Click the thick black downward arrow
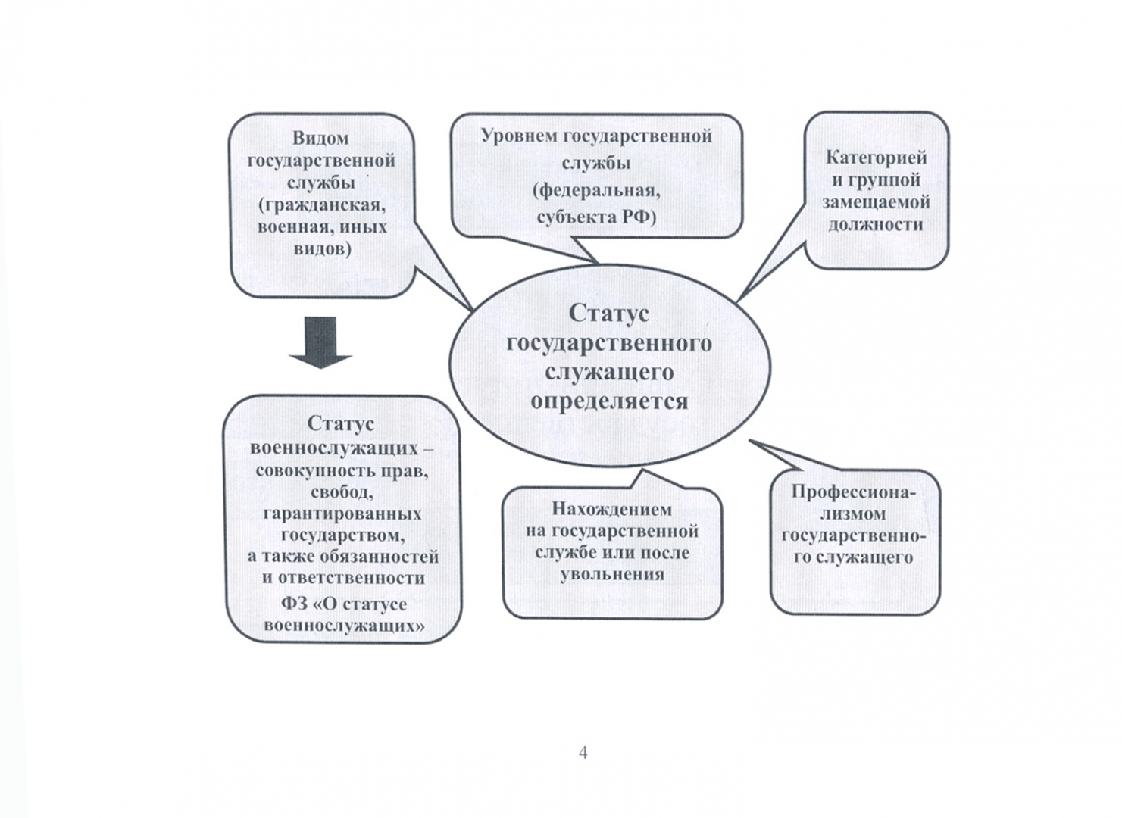coord(320,342)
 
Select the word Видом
coord(320,138)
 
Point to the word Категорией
coord(876,158)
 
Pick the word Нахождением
coord(611,508)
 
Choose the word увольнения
coord(612,574)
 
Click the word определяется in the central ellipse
coord(609,401)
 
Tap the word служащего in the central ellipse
coord(609,372)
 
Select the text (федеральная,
coord(596,190)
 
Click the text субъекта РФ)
coord(596,217)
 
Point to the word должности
coord(876,224)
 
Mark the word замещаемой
coord(876,202)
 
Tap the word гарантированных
coord(342,514)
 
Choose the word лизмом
coord(854,514)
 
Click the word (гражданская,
coord(322,204)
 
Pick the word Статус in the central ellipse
coord(608,313)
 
